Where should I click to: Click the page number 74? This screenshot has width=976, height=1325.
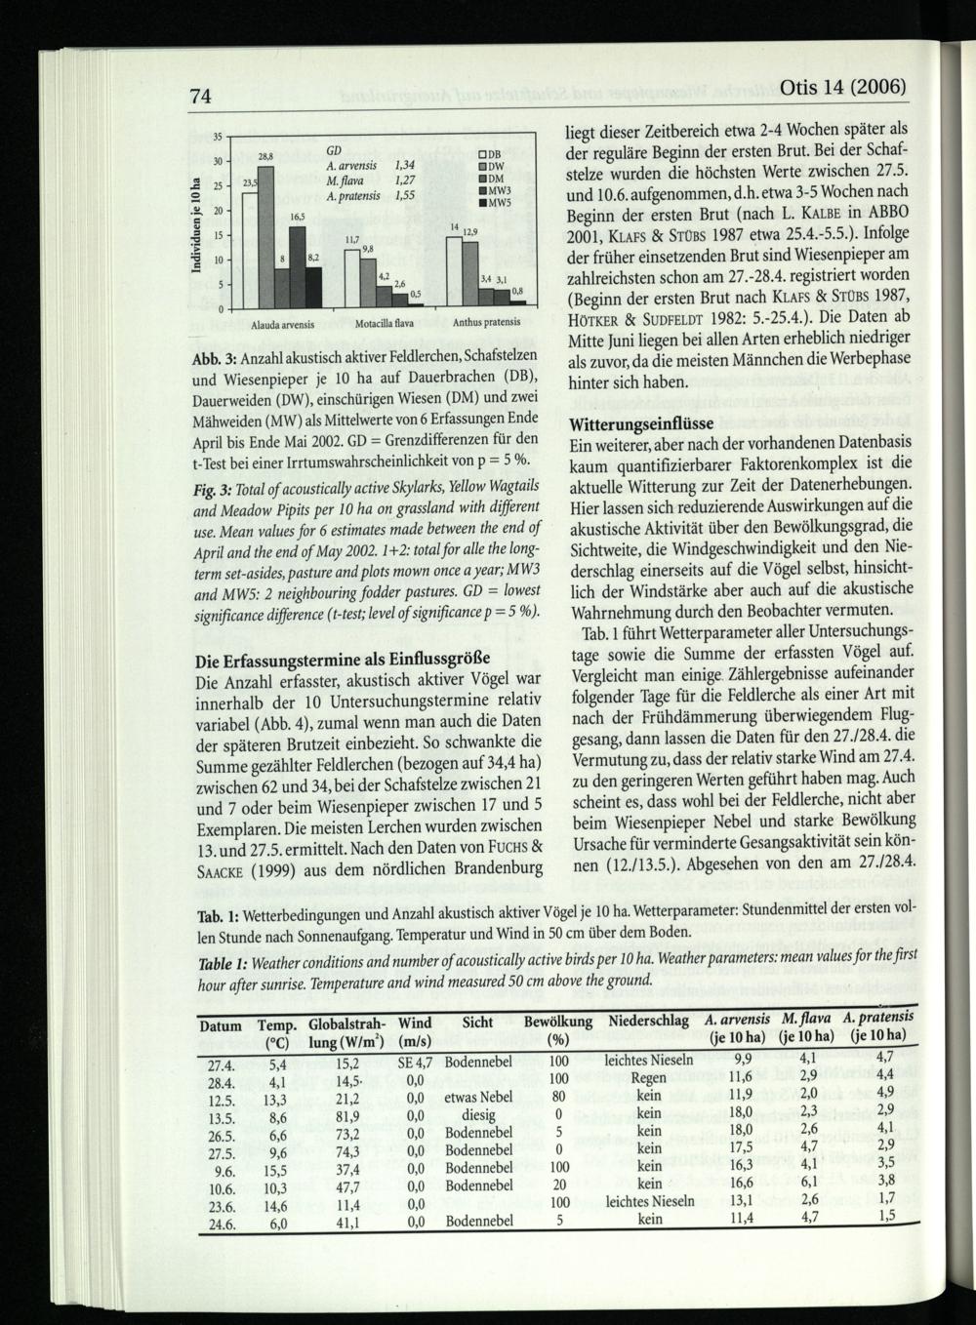pos(202,97)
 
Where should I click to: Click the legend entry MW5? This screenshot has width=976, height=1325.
pos(495,203)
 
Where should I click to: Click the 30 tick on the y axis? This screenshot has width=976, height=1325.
pos(220,161)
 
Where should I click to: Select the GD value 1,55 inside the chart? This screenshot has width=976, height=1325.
pos(399,195)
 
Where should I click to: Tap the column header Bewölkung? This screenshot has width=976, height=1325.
pos(558,1022)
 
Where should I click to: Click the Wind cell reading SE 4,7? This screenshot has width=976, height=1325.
pos(416,1060)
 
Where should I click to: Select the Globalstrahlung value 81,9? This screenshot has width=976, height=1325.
pos(347,1113)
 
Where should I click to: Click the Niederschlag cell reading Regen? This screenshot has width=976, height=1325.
pos(649,1078)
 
